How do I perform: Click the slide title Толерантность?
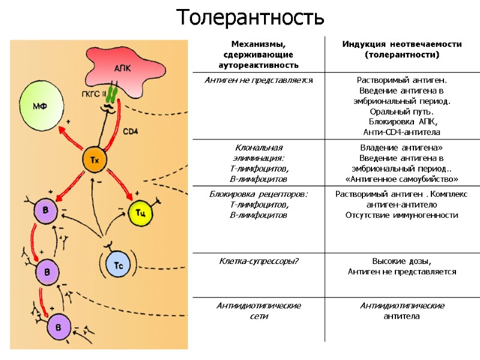point(251,17)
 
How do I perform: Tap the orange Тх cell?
point(94,161)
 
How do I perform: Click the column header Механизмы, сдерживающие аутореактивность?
point(259,54)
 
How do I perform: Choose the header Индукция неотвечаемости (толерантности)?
point(402,49)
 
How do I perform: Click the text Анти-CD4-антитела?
point(402,132)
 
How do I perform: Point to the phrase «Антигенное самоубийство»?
point(402,179)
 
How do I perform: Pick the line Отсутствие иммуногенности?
point(402,215)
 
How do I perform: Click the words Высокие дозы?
point(402,261)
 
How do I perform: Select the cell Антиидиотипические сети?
point(259,311)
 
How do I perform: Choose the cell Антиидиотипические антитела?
point(402,311)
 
